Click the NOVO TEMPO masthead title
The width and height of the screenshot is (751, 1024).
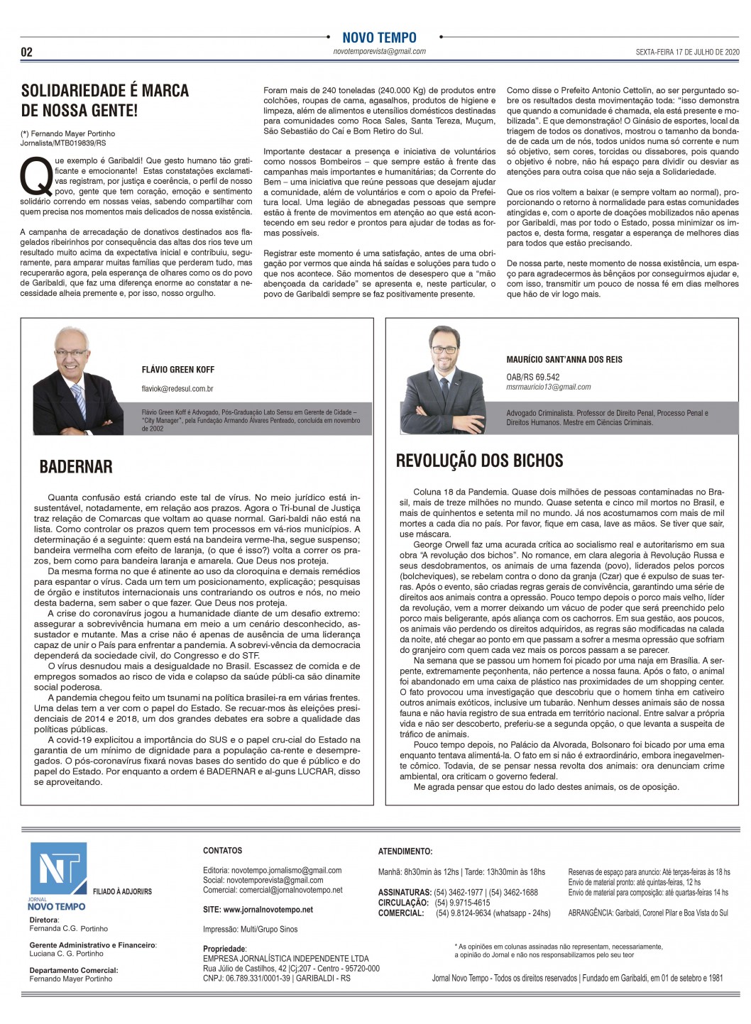379,38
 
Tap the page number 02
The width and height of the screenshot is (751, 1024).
26,52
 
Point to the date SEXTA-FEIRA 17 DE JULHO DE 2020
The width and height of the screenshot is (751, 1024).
687,52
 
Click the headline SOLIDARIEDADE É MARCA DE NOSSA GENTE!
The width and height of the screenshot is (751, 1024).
105,100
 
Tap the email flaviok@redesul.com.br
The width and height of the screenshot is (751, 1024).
177,389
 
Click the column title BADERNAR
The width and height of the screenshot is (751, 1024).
76,466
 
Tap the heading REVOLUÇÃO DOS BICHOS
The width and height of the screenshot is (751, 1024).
479,460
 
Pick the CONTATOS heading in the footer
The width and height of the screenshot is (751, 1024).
222,850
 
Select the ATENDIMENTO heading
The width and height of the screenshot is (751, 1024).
405,851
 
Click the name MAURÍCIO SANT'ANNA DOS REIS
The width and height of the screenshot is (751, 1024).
564,360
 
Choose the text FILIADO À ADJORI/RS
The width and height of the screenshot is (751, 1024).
122,891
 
